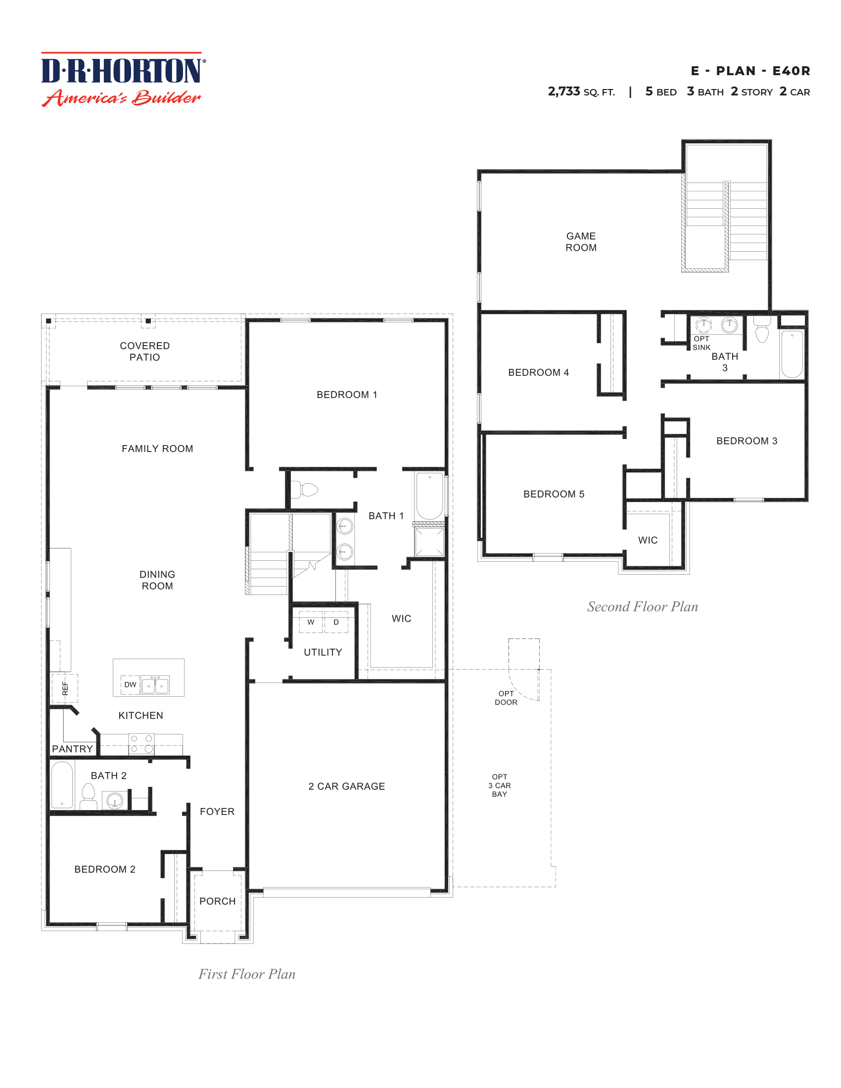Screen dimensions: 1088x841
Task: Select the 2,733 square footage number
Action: click(x=563, y=91)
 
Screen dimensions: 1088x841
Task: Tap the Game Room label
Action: click(x=580, y=242)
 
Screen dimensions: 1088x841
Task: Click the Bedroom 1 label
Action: click(x=347, y=395)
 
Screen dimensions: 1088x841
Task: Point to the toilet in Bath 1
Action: click(x=304, y=490)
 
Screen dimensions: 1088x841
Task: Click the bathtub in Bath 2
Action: click(x=62, y=785)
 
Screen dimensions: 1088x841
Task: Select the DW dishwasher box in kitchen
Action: click(x=130, y=684)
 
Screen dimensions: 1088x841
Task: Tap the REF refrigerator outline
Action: click(x=65, y=688)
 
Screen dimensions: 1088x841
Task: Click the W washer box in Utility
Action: click(x=310, y=622)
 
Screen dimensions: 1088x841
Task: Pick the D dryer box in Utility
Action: click(x=336, y=622)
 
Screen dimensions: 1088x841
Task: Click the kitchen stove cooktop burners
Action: click(x=141, y=744)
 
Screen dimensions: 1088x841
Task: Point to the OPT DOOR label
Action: click(x=506, y=697)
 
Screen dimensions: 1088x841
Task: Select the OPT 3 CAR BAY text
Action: click(x=499, y=785)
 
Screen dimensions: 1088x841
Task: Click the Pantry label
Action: click(x=72, y=749)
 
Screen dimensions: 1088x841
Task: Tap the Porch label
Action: click(x=217, y=901)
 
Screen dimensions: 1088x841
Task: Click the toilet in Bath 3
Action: click(x=762, y=330)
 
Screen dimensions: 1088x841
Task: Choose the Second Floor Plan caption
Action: click(x=642, y=606)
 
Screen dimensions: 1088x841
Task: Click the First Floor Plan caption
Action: click(x=247, y=974)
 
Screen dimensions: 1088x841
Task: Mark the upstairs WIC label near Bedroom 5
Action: click(x=648, y=540)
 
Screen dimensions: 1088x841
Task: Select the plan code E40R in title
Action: click(x=791, y=71)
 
